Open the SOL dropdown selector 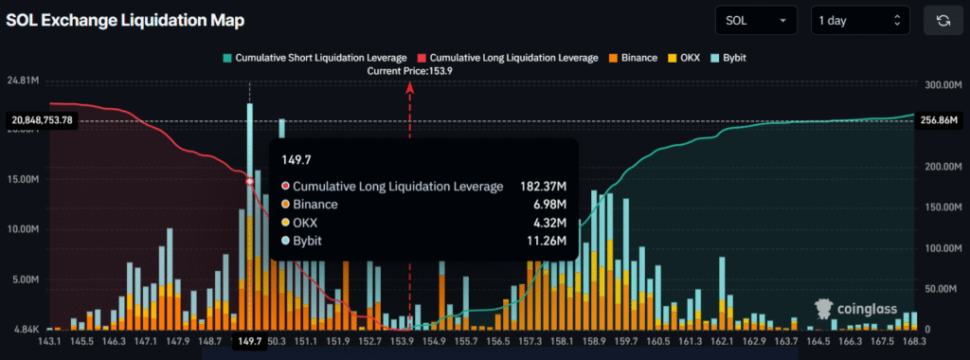(x=758, y=20)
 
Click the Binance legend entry (x=633, y=58)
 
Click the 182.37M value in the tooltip (x=543, y=187)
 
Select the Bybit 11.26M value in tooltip (x=547, y=241)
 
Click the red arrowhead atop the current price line (x=409, y=87)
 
